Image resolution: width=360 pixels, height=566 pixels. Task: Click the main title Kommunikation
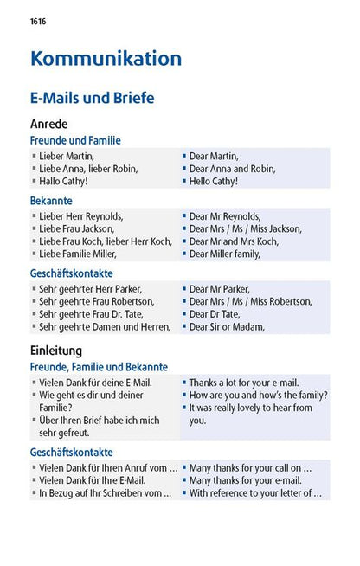pyautogui.click(x=106, y=59)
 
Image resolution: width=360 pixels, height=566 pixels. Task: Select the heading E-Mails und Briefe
pyautogui.click(x=92, y=98)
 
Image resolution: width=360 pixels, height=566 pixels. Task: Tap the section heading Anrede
pyautogui.click(x=48, y=124)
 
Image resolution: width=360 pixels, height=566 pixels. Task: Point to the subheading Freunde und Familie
pyautogui.click(x=75, y=140)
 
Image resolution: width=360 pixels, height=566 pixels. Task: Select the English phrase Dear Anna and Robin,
pyautogui.click(x=231, y=169)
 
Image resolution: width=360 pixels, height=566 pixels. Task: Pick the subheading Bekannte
pyautogui.click(x=52, y=201)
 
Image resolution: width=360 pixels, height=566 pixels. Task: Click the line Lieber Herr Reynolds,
pyautogui.click(x=81, y=215)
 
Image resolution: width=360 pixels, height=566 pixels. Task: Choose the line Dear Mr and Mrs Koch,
pyautogui.click(x=233, y=241)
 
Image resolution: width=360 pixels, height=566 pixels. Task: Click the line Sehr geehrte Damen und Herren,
pyautogui.click(x=104, y=327)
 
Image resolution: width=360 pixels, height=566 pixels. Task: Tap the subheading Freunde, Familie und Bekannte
pyautogui.click(x=99, y=367)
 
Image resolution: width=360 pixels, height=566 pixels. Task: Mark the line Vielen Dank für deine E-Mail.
pyautogui.click(x=95, y=382)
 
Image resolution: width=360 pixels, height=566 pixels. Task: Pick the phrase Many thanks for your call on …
pyautogui.click(x=250, y=467)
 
